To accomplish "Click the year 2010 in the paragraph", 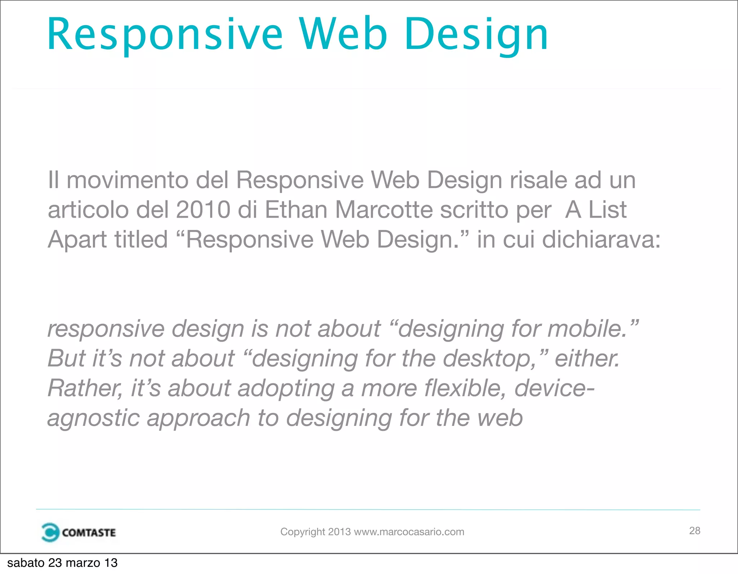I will [x=203, y=210].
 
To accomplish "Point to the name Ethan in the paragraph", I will [x=296, y=210].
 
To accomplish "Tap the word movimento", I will [x=127, y=180].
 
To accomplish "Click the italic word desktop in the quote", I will [x=492, y=359].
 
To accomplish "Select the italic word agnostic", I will [x=93, y=419].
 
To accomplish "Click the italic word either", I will [x=587, y=359].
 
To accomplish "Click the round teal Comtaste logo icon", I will [x=50, y=532].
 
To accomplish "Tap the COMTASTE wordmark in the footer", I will [x=89, y=533].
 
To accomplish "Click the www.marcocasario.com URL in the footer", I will [x=409, y=532].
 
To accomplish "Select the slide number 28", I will [x=694, y=531].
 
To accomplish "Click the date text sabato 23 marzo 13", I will [x=62, y=563].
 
